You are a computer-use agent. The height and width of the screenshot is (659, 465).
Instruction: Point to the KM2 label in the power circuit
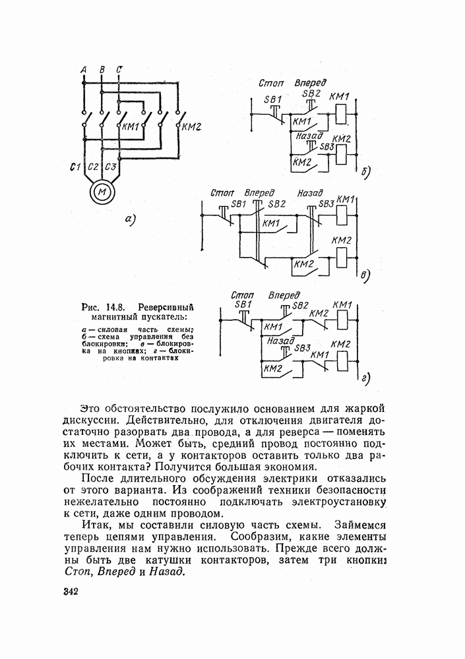click(x=191, y=127)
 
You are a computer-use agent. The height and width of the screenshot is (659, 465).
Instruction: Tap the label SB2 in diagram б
click(x=311, y=94)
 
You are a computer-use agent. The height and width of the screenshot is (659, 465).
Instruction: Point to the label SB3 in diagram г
click(x=303, y=348)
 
